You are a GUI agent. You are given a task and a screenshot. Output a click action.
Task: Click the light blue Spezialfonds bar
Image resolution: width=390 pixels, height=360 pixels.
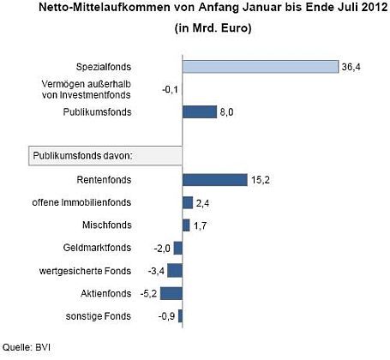tap(261, 67)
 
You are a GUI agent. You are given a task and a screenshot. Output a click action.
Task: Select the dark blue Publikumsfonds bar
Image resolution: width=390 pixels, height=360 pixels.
tap(200, 111)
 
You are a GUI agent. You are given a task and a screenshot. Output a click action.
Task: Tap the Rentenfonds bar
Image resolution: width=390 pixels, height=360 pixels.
tap(215, 180)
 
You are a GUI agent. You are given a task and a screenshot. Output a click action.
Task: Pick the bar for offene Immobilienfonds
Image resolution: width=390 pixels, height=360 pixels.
tap(188, 202)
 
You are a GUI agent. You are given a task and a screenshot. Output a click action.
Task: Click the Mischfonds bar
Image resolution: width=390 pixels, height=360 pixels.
tap(186, 225)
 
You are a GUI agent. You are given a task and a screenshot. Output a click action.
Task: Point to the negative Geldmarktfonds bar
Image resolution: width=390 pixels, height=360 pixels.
tap(178, 248)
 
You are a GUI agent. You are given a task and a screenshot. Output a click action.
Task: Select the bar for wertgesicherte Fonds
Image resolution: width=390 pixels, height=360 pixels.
tap(175, 271)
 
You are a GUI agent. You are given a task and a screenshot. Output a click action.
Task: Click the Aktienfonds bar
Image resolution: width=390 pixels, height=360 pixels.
tap(171, 293)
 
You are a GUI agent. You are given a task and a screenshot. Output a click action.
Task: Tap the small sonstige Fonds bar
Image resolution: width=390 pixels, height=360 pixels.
tap(180, 316)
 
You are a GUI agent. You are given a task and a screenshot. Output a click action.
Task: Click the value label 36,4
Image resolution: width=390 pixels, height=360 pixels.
tap(351, 68)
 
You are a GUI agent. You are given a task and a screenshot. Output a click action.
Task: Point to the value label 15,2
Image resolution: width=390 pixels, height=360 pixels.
tap(261, 180)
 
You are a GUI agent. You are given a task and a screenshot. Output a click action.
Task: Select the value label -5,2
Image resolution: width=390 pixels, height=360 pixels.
tap(148, 294)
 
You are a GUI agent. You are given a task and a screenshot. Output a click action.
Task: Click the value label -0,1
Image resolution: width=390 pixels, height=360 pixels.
tap(170, 90)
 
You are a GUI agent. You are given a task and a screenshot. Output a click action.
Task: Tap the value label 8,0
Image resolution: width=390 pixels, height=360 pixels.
tap(226, 112)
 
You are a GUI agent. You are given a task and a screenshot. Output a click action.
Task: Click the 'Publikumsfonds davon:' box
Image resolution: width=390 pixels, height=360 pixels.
tap(105, 156)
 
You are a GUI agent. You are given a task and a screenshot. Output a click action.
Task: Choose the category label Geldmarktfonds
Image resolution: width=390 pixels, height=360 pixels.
tap(97, 248)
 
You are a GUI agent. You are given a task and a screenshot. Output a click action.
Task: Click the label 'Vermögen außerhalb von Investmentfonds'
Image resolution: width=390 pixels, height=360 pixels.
tap(87, 89)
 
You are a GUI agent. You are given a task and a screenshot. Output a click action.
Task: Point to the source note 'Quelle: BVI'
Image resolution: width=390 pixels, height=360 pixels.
tap(27, 347)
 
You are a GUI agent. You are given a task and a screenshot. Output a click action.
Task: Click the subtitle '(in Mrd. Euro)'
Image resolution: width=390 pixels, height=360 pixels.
tap(213, 28)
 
